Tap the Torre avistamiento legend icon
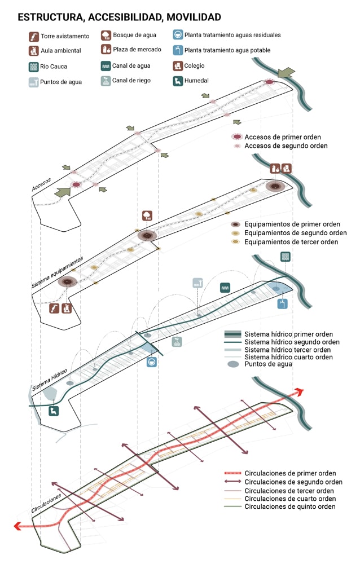tap(34, 37)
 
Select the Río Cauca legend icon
tap(34, 67)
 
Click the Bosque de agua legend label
tap(134, 35)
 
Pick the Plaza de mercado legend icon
tap(106, 50)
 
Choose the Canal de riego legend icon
tap(106, 81)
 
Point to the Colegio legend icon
tap(178, 65)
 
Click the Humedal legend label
tap(196, 81)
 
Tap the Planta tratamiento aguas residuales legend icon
tap(178, 35)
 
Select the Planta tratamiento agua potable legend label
tap(227, 50)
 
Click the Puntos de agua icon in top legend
tap(34, 82)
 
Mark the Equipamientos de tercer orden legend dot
tap(235, 242)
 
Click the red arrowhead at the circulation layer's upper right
tap(297, 393)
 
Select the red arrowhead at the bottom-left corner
tap(19, 526)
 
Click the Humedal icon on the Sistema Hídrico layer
tap(54, 411)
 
